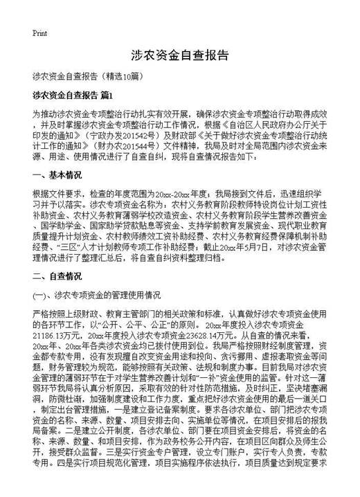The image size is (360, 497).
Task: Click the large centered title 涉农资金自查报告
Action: (x=179, y=57)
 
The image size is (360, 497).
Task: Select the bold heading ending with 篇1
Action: (x=72, y=93)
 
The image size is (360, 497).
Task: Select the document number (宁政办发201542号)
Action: (x=120, y=138)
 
